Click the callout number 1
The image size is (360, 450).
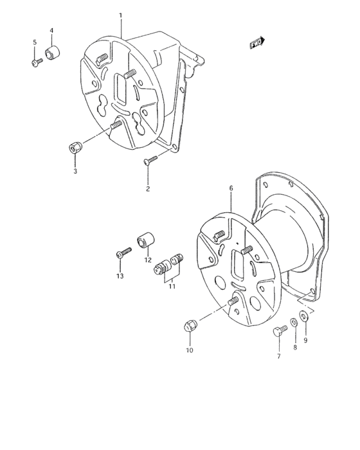tap(120, 14)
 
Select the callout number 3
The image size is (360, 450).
tap(75, 171)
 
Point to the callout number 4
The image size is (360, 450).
tap(51, 31)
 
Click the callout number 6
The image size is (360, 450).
tap(230, 189)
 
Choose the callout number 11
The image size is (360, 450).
tap(172, 286)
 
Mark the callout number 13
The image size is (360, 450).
tap(120, 276)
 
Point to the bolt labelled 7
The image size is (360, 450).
tap(278, 332)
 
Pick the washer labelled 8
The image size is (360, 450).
tap(294, 321)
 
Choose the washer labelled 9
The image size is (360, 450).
tap(305, 315)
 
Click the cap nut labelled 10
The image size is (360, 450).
tap(190, 327)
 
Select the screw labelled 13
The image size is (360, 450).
tap(121, 255)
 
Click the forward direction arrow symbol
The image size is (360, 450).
tap(256, 43)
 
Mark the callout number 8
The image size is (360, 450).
tap(295, 346)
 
